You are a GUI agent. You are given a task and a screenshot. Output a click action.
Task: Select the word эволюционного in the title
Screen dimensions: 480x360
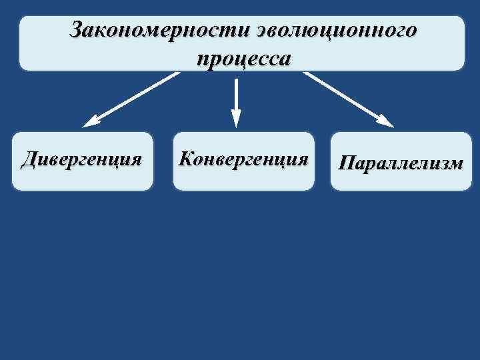(x=333, y=31)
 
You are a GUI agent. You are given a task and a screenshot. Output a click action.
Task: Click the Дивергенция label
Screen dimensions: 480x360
(x=82, y=160)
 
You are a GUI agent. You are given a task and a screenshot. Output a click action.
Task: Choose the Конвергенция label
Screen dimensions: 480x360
(x=244, y=160)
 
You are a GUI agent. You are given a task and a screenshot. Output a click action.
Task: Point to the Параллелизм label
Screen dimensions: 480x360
(x=401, y=163)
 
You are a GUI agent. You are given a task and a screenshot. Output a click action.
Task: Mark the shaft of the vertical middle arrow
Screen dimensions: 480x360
(x=235, y=93)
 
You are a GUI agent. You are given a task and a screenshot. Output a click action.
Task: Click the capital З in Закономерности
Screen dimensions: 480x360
(x=77, y=31)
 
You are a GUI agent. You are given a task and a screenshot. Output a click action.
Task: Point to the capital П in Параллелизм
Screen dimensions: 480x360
(x=346, y=163)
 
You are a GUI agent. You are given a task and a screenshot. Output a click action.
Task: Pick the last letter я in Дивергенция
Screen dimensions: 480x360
(x=136, y=161)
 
